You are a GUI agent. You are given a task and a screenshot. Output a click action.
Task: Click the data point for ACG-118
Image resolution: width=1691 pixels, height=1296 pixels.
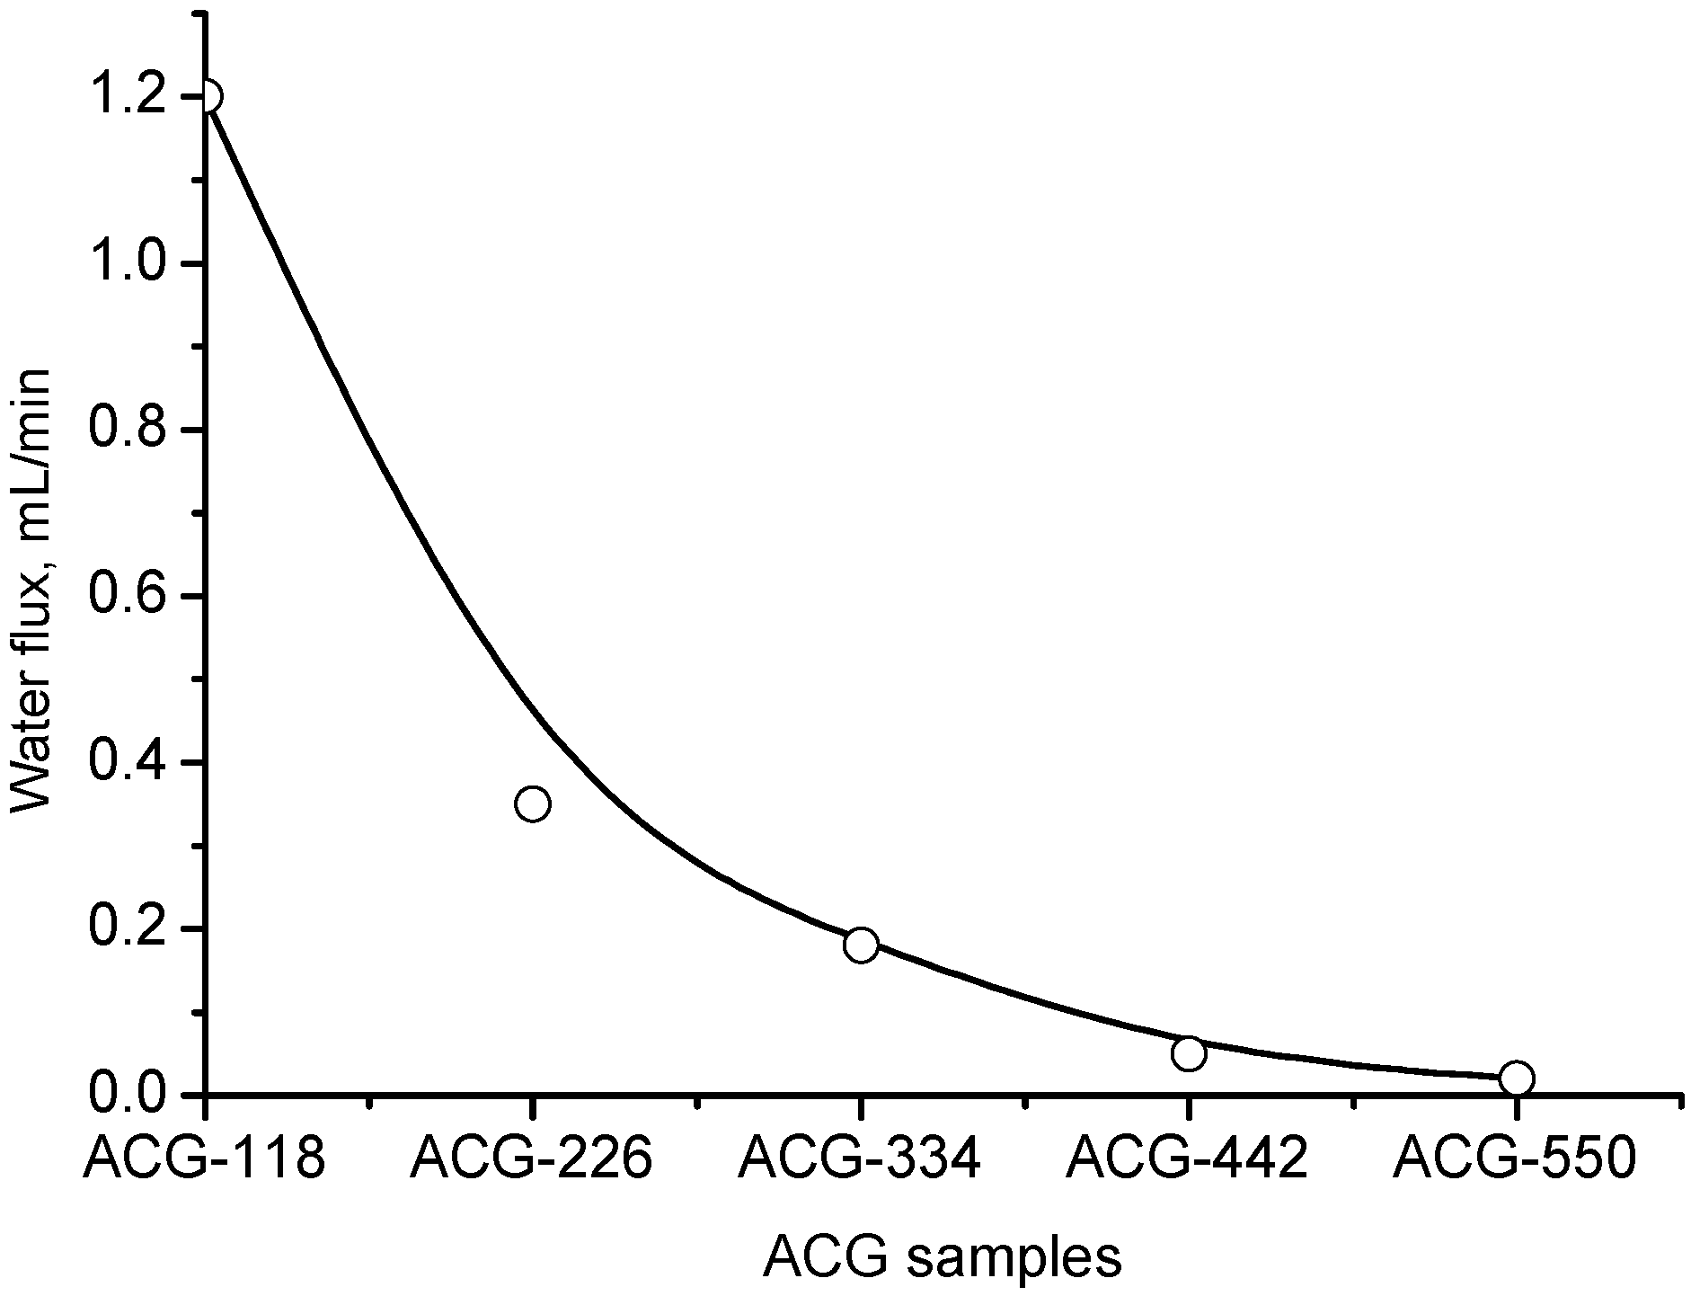[x=208, y=96]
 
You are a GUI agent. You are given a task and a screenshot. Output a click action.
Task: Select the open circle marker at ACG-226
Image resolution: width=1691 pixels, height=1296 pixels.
[x=533, y=803]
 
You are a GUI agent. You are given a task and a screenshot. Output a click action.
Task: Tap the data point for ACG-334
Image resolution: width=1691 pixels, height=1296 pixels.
[x=861, y=945]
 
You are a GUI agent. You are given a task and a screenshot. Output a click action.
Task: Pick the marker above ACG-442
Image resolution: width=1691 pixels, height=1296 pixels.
[x=1188, y=1053]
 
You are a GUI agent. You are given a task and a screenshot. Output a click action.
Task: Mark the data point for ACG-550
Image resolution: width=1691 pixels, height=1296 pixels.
[x=1516, y=1078]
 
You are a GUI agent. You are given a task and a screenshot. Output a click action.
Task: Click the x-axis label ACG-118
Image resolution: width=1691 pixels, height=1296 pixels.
[x=204, y=1161]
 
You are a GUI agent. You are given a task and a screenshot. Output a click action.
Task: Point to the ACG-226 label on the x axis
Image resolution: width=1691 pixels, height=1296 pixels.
[x=531, y=1161]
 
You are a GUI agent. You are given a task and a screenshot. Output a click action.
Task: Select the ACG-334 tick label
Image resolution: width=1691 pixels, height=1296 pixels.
[x=859, y=1161]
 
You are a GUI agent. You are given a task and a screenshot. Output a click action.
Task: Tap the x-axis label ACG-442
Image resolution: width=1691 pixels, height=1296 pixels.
[x=1187, y=1161]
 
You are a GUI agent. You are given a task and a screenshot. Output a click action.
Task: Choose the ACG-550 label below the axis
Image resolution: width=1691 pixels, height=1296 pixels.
[x=1515, y=1161]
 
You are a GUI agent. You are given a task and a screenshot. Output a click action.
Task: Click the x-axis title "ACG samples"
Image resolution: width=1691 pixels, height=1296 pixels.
[x=943, y=1258]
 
